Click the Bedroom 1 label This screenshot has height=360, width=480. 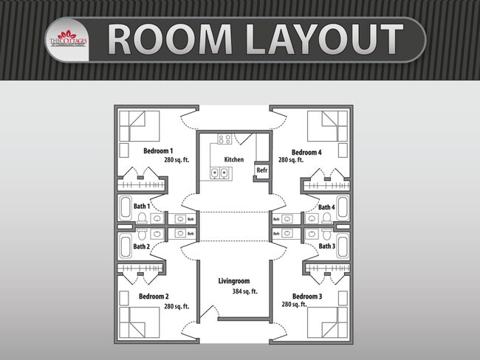[x=158, y=150]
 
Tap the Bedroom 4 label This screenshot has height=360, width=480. [x=306, y=152]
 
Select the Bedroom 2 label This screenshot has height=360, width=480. [x=154, y=296]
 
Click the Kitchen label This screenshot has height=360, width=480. [x=233, y=159]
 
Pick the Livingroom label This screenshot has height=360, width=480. [x=234, y=281]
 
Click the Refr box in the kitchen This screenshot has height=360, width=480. [x=261, y=170]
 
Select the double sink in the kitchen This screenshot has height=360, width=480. [x=219, y=174]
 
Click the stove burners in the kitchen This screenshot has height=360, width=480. [x=223, y=139]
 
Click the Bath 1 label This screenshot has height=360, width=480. [x=141, y=206]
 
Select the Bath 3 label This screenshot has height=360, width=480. [x=326, y=246]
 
